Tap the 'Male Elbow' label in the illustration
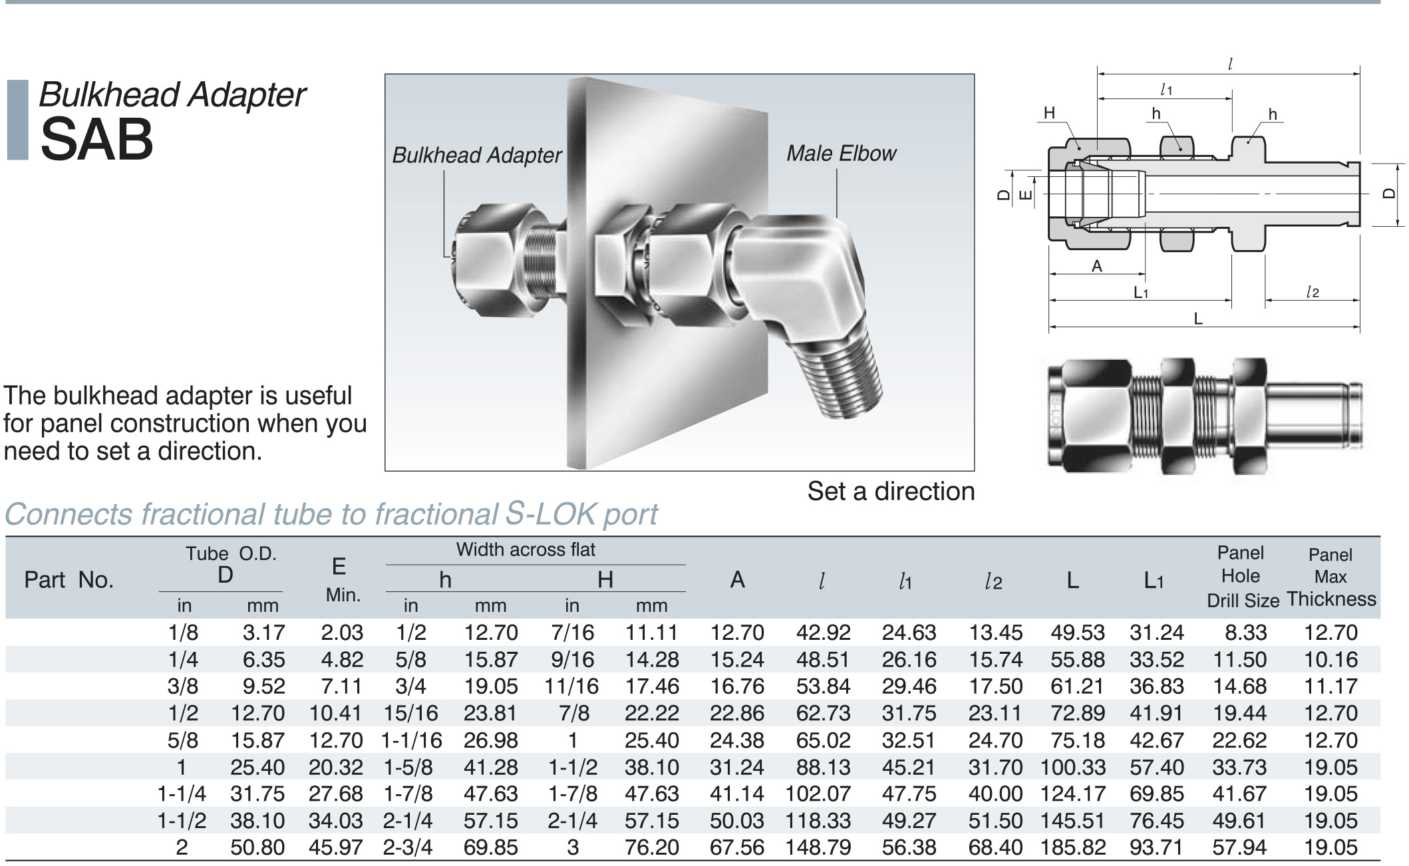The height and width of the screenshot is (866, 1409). (x=841, y=154)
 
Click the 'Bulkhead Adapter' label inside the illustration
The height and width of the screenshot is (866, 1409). (x=476, y=155)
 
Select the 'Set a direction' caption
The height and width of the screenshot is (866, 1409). (x=890, y=492)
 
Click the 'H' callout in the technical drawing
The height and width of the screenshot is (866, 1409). (x=1049, y=113)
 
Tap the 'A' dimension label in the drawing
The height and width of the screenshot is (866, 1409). (x=1097, y=266)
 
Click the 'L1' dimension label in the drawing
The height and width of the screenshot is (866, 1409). (x=1141, y=293)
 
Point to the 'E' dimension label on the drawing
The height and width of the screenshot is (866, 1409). (x=1026, y=194)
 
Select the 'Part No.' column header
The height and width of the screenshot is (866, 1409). (x=69, y=580)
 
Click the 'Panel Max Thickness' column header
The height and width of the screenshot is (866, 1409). (x=1331, y=577)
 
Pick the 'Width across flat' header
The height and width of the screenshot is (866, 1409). (x=526, y=549)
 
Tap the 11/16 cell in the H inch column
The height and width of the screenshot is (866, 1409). (x=571, y=686)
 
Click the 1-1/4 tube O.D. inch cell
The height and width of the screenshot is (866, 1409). (x=182, y=794)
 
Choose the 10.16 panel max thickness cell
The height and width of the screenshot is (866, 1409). (x=1331, y=659)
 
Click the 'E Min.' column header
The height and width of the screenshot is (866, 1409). (x=341, y=579)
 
